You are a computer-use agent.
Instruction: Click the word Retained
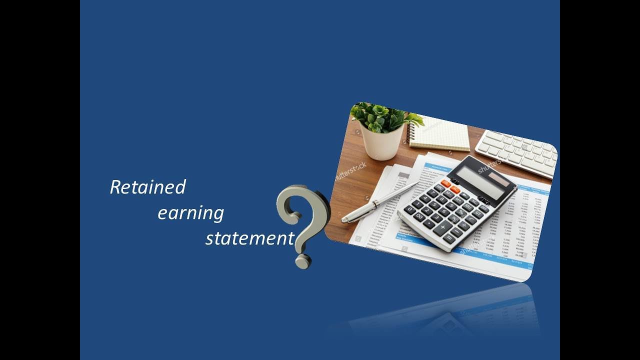[147, 187]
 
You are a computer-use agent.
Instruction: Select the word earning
[190, 213]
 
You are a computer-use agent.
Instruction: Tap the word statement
[249, 238]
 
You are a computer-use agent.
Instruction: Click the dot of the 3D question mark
[303, 261]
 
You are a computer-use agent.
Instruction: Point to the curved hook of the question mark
[300, 202]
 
